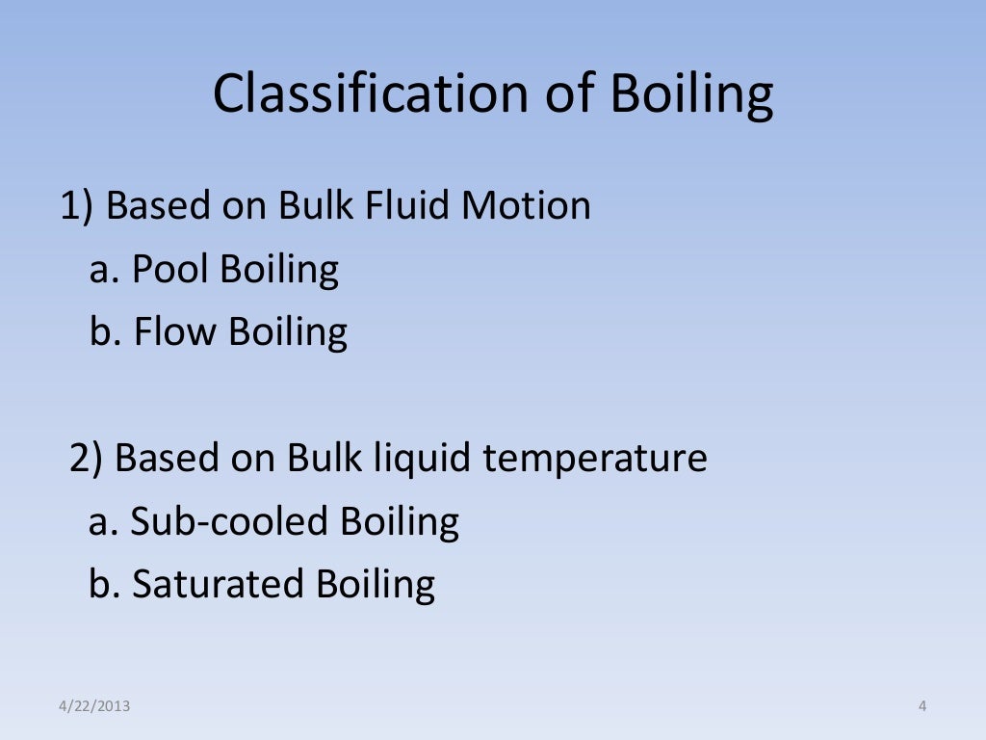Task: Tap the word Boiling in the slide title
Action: click(x=691, y=94)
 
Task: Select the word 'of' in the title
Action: click(x=567, y=94)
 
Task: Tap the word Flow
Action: click(x=176, y=332)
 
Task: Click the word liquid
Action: click(x=424, y=459)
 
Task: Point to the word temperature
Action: click(x=595, y=459)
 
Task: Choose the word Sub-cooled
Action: click(x=229, y=522)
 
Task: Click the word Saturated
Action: click(x=217, y=585)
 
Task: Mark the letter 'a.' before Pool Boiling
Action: click(x=104, y=270)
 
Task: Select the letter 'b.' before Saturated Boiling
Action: click(x=104, y=585)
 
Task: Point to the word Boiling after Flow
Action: click(x=288, y=332)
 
